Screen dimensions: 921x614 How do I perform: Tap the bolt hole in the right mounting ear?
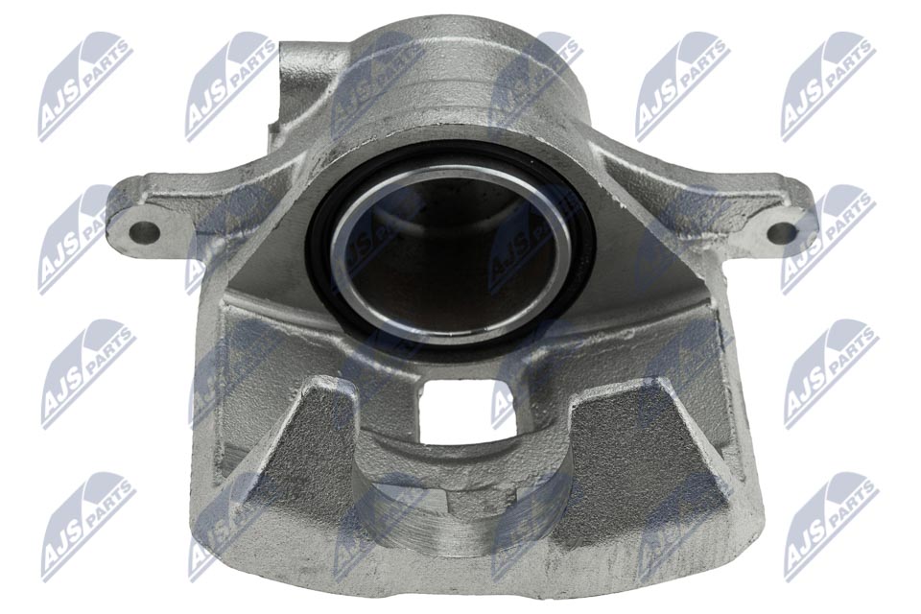[781, 232]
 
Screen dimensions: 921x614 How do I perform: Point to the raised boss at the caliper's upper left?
[305, 83]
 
